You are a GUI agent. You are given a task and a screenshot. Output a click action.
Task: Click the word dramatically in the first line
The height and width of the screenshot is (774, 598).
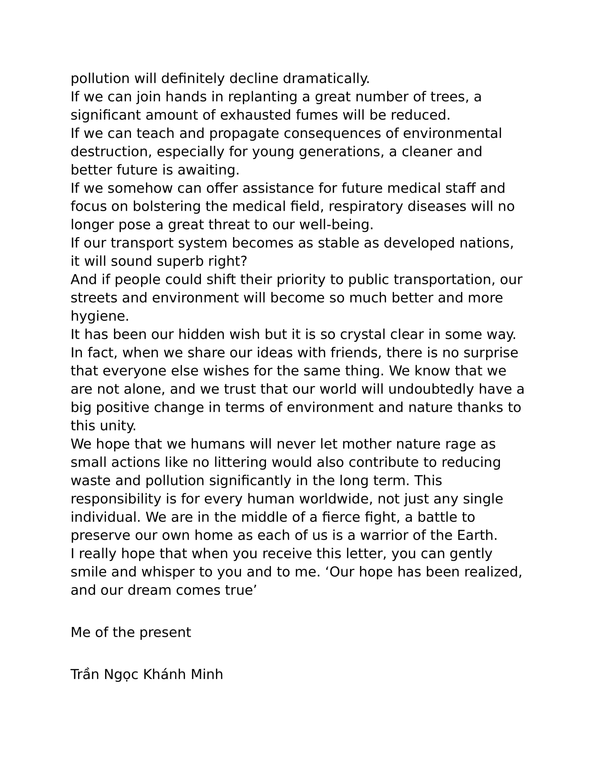point(326,79)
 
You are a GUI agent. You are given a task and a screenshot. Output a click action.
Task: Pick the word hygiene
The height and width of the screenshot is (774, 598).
point(100,317)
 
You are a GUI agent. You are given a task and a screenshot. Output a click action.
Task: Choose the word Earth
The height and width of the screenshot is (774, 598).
point(477,535)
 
